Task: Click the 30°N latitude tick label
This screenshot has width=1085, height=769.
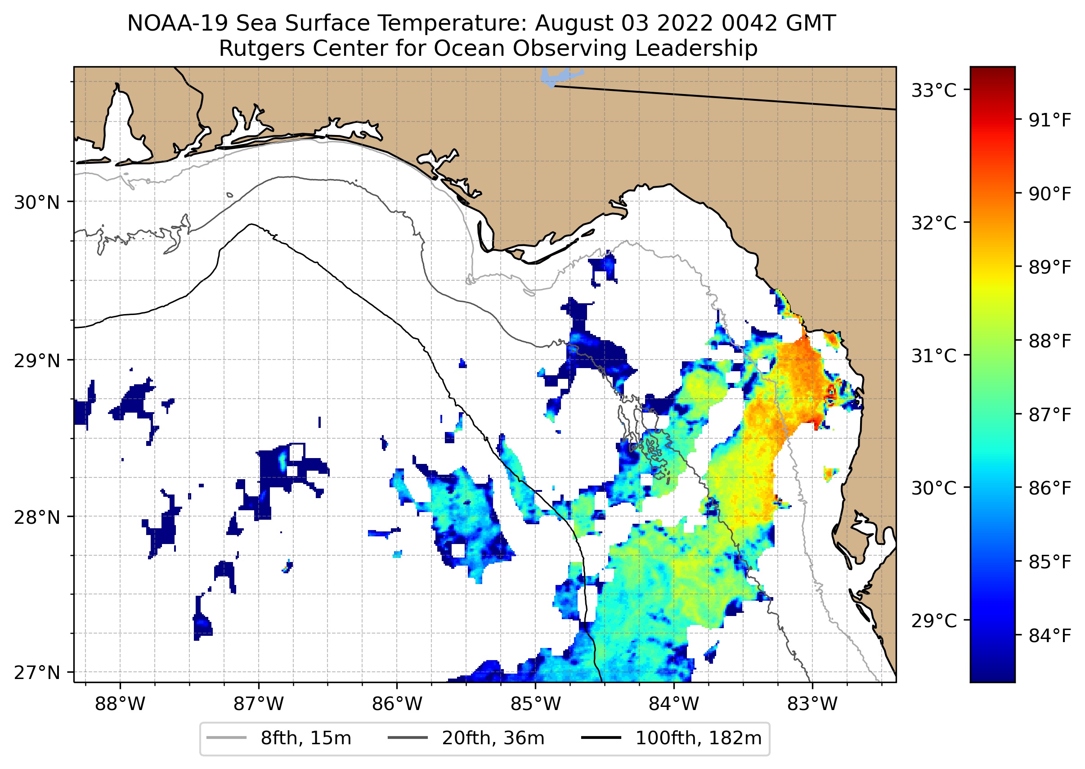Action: [x=37, y=202]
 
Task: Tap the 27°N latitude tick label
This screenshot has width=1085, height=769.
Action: [x=37, y=672]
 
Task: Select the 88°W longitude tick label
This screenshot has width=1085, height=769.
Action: [x=120, y=705]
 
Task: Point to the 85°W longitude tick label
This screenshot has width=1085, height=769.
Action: [x=535, y=705]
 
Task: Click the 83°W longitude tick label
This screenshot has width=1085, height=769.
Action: [x=812, y=705]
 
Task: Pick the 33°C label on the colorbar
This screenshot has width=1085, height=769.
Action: [x=934, y=90]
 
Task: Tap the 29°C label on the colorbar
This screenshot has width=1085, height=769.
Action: [x=934, y=621]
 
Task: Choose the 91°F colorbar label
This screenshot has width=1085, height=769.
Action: [x=1050, y=121]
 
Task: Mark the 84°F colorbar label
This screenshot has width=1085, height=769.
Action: [x=1050, y=636]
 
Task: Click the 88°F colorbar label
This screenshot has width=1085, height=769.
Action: [x=1050, y=341]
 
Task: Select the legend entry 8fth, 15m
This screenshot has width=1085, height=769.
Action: [x=305, y=738]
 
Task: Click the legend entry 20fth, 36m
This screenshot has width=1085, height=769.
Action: [x=493, y=738]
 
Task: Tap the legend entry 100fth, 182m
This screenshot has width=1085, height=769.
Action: [x=698, y=738]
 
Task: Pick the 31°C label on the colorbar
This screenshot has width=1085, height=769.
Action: [x=934, y=355]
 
